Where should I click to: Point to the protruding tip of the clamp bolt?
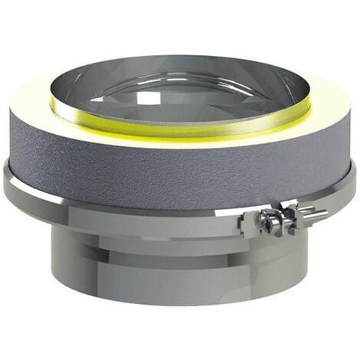click(x=322, y=212)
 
